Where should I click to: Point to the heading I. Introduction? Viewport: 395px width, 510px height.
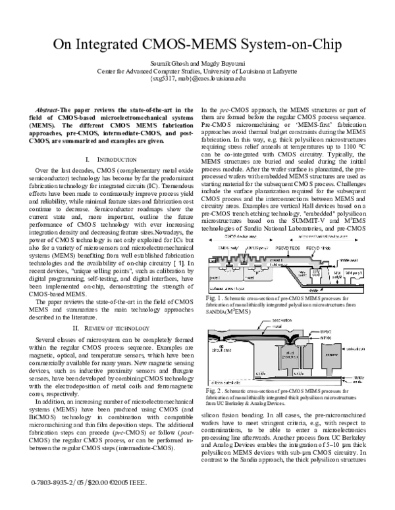click(x=106, y=160)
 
